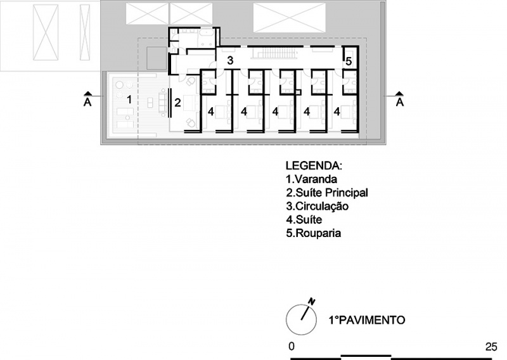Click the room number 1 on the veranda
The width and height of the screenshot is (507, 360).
pyautogui.click(x=129, y=100)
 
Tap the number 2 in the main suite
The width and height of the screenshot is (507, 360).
pyautogui.click(x=177, y=103)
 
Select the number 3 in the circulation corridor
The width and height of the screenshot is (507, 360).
pyautogui.click(x=230, y=60)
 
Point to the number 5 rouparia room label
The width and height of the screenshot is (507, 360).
pyautogui.click(x=349, y=61)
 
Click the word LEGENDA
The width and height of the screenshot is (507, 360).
pyautogui.click(x=314, y=165)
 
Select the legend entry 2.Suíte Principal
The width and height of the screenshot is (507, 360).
pyautogui.click(x=327, y=193)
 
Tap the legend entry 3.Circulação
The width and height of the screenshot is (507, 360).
pyautogui.click(x=318, y=207)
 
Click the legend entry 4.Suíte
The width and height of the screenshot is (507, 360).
pyautogui.click(x=304, y=220)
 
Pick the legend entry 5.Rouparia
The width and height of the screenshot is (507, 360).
pyautogui.click(x=313, y=233)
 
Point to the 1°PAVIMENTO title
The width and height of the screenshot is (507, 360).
pyautogui.click(x=367, y=320)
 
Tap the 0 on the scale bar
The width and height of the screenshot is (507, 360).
pyautogui.click(x=292, y=347)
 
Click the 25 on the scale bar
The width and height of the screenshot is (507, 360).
pyautogui.click(x=491, y=347)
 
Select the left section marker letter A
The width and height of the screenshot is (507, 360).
pyautogui.click(x=87, y=102)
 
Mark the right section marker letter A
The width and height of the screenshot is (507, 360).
pyautogui.click(x=400, y=102)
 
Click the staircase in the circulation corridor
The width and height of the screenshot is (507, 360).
pyautogui.click(x=273, y=53)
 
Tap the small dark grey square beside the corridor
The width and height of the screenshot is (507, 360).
pyautogui.click(x=157, y=58)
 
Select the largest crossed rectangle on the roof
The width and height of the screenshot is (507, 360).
pyautogui.click(x=290, y=18)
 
